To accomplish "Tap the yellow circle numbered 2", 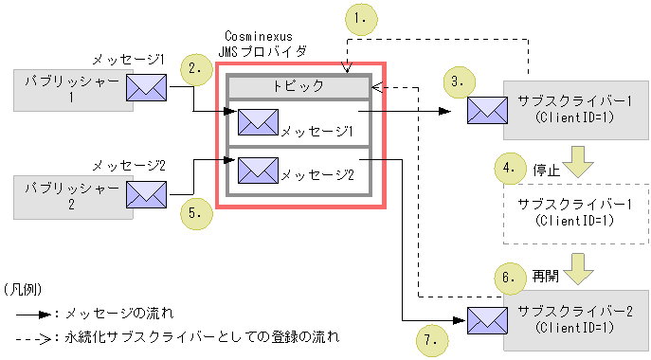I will (x=196, y=69).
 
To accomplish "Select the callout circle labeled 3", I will (x=459, y=81).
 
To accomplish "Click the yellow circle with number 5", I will (x=195, y=213).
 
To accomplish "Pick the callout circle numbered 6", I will (x=512, y=279).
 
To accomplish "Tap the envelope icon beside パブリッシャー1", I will (x=147, y=89).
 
